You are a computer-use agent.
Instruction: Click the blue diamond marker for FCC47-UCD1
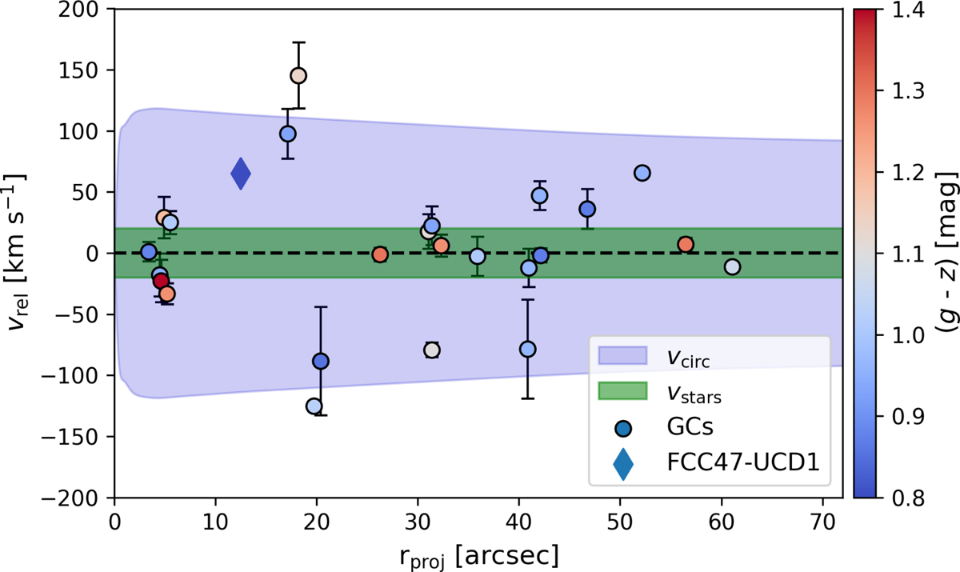click(241, 174)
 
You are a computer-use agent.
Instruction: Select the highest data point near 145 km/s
click(298, 76)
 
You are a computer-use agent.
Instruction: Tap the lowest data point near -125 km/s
click(314, 406)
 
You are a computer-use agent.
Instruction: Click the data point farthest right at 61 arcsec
click(732, 267)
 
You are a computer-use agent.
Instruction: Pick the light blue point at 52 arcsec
click(642, 174)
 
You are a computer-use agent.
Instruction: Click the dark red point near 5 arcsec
click(161, 281)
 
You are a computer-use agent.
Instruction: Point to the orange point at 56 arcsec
click(686, 244)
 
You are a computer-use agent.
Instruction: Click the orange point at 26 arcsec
click(380, 254)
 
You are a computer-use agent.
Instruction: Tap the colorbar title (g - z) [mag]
click(946, 254)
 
